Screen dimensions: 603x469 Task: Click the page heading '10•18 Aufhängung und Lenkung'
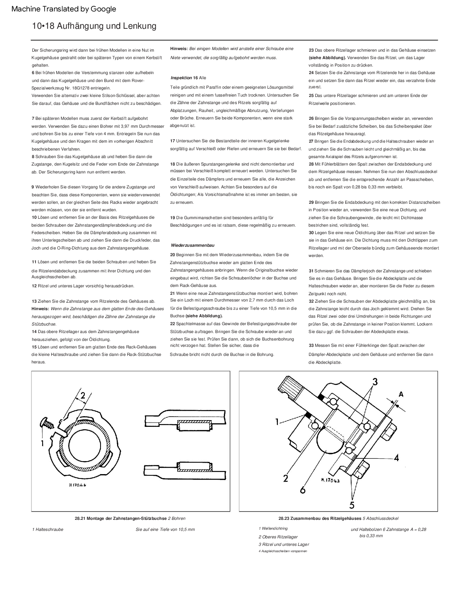94,26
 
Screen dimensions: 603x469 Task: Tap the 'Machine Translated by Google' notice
64,9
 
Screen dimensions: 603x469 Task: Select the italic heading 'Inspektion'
182,78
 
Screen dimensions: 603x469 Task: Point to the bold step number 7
33,119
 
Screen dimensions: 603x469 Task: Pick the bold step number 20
173,255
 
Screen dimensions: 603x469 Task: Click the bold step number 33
311,346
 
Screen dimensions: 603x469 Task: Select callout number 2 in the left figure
83,395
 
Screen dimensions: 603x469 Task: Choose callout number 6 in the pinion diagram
302,489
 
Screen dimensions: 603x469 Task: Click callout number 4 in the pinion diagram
396,458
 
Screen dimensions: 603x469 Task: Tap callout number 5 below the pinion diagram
352,505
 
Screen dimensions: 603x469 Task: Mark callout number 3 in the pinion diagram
375,382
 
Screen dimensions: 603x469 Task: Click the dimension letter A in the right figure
401,394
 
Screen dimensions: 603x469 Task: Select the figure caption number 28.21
81,518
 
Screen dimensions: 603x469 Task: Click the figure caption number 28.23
284,518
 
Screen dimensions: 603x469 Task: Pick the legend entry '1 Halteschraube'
48,529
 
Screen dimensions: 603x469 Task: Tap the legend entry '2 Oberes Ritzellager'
278,537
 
